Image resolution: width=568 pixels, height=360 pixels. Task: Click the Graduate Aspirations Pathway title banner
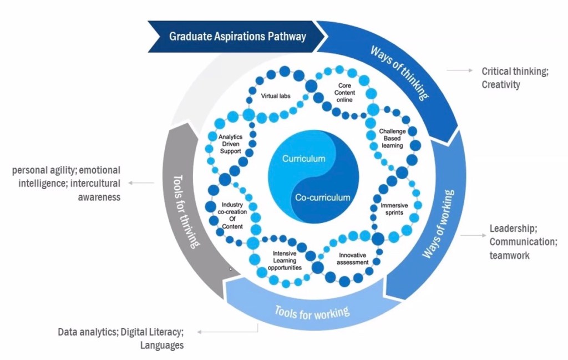[x=237, y=37]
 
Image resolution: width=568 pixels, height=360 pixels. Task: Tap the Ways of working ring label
[x=438, y=225]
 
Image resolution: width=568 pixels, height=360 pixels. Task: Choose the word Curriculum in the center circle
[x=303, y=159]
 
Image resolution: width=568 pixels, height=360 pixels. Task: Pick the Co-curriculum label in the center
[x=322, y=197]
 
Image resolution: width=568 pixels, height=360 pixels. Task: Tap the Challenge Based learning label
[x=391, y=138]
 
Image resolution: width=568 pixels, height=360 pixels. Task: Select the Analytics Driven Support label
[x=230, y=144]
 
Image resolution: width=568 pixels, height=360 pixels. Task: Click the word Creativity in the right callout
[x=501, y=85]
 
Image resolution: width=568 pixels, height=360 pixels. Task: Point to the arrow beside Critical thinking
[x=458, y=71]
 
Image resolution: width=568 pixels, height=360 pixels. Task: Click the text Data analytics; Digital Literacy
[x=120, y=332]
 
